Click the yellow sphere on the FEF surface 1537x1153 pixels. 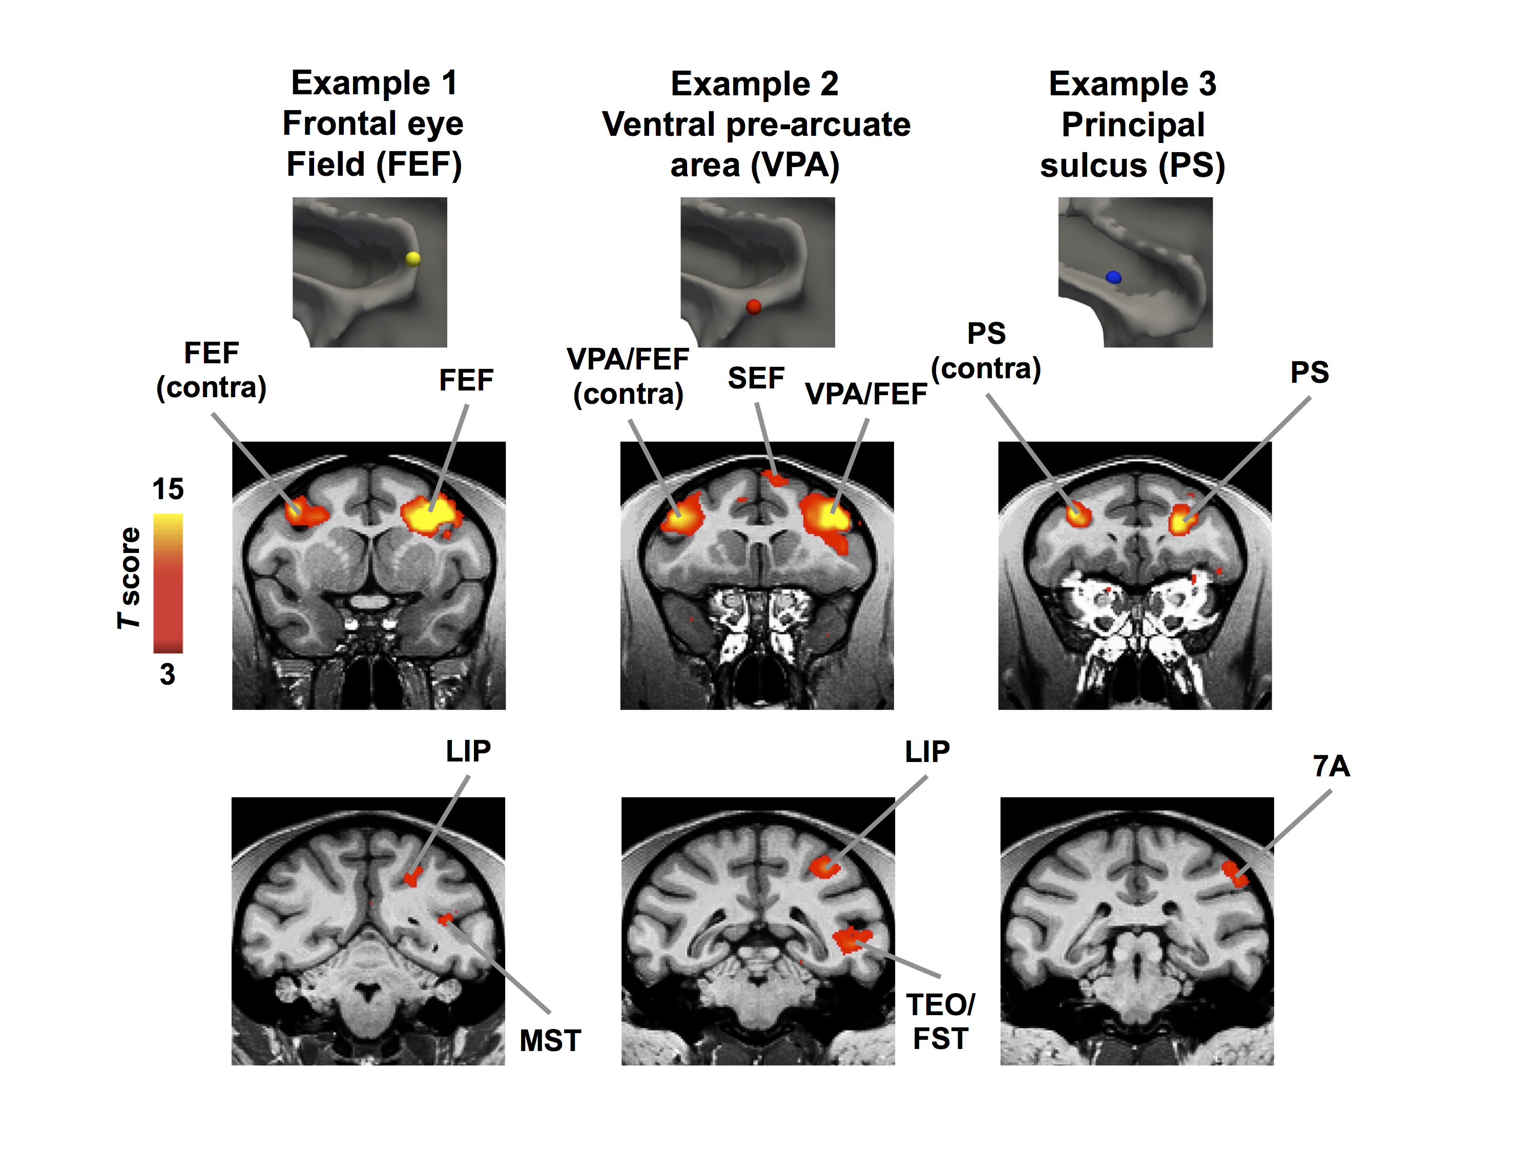click(x=413, y=259)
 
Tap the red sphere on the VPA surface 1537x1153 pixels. click(x=753, y=306)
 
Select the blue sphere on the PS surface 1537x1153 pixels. click(x=1113, y=277)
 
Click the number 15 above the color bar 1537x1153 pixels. click(x=168, y=489)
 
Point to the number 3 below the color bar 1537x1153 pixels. click(x=168, y=674)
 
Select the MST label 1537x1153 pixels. click(x=550, y=1040)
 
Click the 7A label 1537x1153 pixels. click(x=1331, y=766)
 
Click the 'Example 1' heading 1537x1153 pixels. click(x=374, y=84)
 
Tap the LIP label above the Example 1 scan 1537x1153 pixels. click(x=468, y=751)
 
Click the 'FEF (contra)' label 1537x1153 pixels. click(x=211, y=370)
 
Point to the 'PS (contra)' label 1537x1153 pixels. click(x=986, y=351)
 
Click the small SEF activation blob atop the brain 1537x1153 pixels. click(x=775, y=478)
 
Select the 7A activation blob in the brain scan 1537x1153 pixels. click(x=1235, y=874)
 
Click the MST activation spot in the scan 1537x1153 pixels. click(x=445, y=919)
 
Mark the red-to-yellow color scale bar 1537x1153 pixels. click(x=168, y=583)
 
